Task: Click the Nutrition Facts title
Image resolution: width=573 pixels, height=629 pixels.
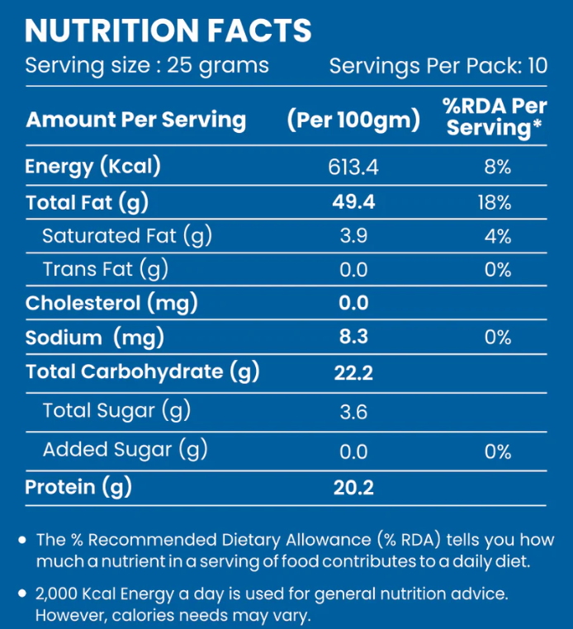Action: pos(168,31)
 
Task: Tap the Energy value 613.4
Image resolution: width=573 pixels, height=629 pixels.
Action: pos(353,168)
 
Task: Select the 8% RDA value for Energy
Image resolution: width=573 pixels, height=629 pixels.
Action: pos(498,168)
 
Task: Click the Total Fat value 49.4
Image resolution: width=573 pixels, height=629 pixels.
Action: pos(353,202)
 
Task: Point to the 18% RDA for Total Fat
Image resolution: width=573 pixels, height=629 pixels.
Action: pos(495,202)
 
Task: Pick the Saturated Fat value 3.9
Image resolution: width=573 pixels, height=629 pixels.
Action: pos(353,237)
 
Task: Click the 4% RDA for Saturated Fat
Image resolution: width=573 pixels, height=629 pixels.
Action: pos(498,237)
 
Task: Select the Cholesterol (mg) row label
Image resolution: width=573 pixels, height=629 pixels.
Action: pos(111,303)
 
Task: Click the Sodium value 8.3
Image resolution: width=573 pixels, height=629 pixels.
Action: pos(353,337)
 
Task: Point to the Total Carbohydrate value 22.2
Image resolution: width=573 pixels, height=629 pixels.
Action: pos(353,373)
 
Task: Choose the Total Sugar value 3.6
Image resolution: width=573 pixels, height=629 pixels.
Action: pos(353,410)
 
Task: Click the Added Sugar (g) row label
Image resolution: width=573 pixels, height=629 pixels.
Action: pos(125,450)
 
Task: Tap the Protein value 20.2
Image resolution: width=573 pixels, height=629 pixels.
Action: pos(353,488)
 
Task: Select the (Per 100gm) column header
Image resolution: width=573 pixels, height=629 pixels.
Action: pos(353,121)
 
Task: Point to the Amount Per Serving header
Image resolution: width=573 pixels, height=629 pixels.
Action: pos(136,121)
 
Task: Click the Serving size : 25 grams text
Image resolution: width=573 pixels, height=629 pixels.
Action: pos(147,65)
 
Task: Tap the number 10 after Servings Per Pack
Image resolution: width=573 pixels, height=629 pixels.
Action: pos(537,66)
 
